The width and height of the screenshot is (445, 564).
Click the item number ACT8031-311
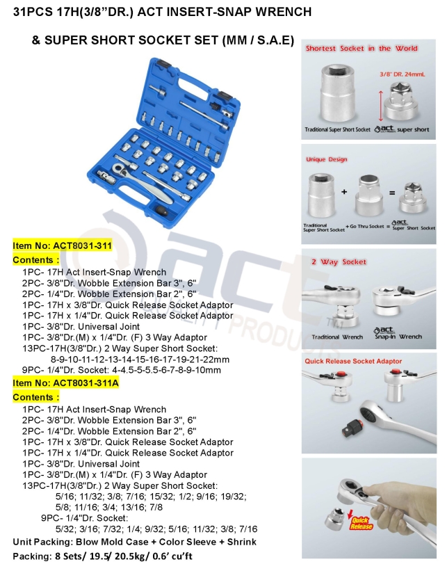[62, 246]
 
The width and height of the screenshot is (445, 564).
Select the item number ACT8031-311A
[66, 383]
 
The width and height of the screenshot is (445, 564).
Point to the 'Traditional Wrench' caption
[337, 337]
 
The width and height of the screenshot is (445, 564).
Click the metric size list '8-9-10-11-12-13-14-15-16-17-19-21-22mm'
[136, 359]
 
